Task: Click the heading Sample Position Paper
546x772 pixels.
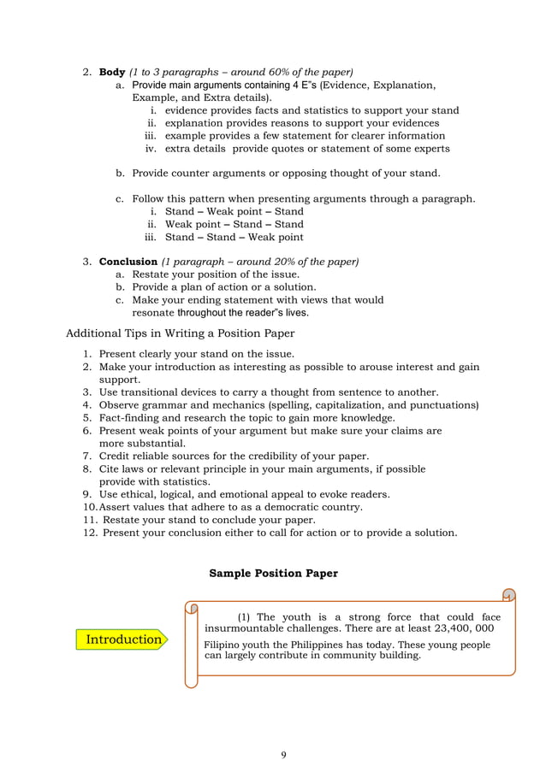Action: [273, 574]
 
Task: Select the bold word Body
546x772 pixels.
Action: [112, 72]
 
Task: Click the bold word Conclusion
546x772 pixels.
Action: [128, 261]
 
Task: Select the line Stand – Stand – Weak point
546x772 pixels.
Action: [234, 237]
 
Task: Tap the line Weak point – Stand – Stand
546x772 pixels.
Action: [234, 224]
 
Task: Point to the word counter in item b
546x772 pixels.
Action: [193, 173]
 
